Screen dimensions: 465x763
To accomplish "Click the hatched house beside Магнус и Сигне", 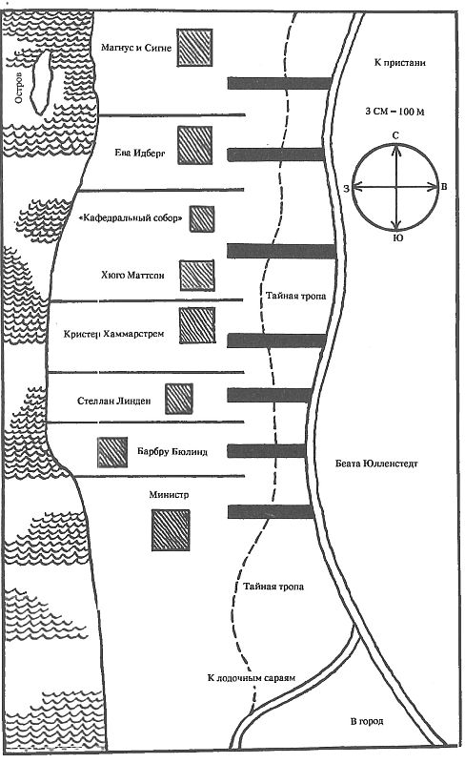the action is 194,47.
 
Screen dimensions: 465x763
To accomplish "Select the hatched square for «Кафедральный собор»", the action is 202,218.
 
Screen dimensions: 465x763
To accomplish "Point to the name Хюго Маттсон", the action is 132,276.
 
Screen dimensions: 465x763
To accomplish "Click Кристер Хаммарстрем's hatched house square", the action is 197,325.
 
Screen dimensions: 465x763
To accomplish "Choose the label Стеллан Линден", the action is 113,401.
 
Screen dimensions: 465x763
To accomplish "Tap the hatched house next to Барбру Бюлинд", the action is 112,452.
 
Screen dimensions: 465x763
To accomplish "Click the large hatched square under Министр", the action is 171,530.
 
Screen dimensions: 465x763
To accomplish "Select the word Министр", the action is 169,495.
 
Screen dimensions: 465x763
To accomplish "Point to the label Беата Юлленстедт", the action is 376,464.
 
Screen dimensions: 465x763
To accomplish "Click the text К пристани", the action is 400,63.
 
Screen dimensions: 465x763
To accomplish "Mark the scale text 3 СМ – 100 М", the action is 394,112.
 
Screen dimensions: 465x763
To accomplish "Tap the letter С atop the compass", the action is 395,135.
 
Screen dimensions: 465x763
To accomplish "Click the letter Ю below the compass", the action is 397,237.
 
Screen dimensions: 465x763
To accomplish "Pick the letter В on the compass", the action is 444,187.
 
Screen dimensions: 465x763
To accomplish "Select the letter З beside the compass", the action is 346,188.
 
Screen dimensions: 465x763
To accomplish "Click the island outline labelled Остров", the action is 41,82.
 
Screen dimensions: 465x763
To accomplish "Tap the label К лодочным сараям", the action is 251,677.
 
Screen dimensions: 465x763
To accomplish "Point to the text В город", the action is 367,721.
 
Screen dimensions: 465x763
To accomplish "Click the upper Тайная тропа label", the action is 295,296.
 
